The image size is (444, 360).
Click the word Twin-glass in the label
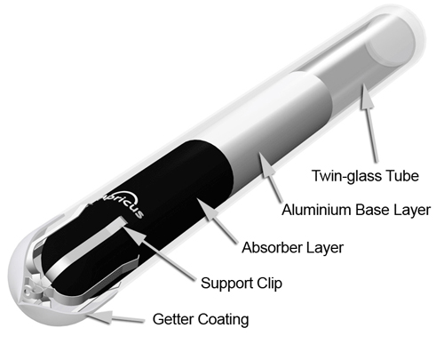coord(344,176)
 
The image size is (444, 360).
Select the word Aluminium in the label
coord(317,210)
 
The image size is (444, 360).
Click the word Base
coord(372,210)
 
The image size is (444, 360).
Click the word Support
coord(226,284)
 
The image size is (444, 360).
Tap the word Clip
coord(269,284)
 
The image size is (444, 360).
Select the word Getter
coord(173,319)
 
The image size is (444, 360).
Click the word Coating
coord(223,319)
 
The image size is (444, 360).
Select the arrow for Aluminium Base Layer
coord(270,177)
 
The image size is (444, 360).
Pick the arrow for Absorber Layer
coord(217,220)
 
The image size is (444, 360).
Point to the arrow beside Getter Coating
coord(115,317)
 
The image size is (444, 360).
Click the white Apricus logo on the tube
coord(123,204)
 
